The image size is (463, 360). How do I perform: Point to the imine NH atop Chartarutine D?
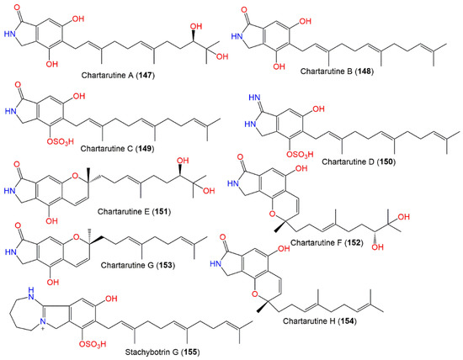click(248, 101)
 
